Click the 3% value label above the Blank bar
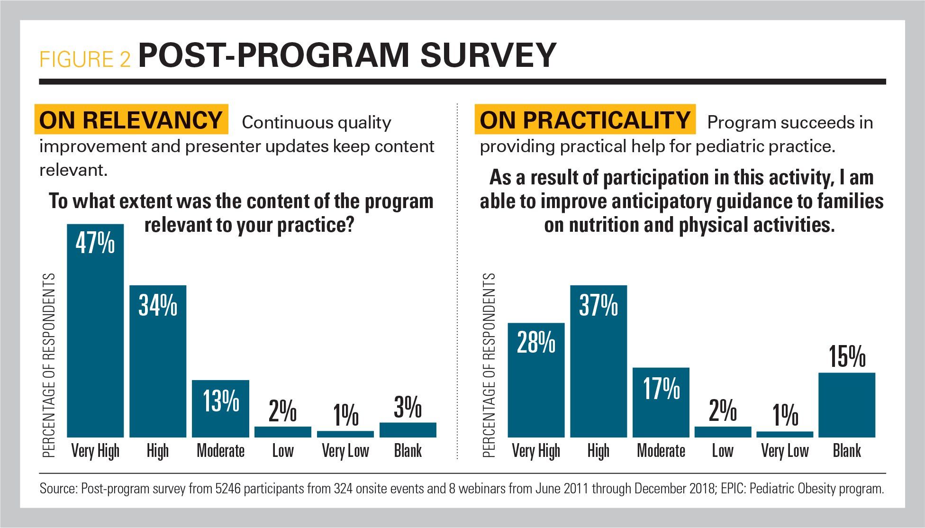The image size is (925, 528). point(408,407)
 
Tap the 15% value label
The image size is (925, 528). point(847,356)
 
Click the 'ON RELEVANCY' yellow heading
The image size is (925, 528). point(131,119)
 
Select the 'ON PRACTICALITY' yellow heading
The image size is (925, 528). point(585,119)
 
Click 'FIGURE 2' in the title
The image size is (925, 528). point(85,59)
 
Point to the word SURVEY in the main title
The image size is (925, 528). point(488,56)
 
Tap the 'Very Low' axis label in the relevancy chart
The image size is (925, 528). point(345,450)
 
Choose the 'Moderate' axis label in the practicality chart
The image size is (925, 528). point(661,450)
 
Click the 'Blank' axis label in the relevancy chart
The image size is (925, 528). point(408,450)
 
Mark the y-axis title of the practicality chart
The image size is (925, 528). point(489,365)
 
